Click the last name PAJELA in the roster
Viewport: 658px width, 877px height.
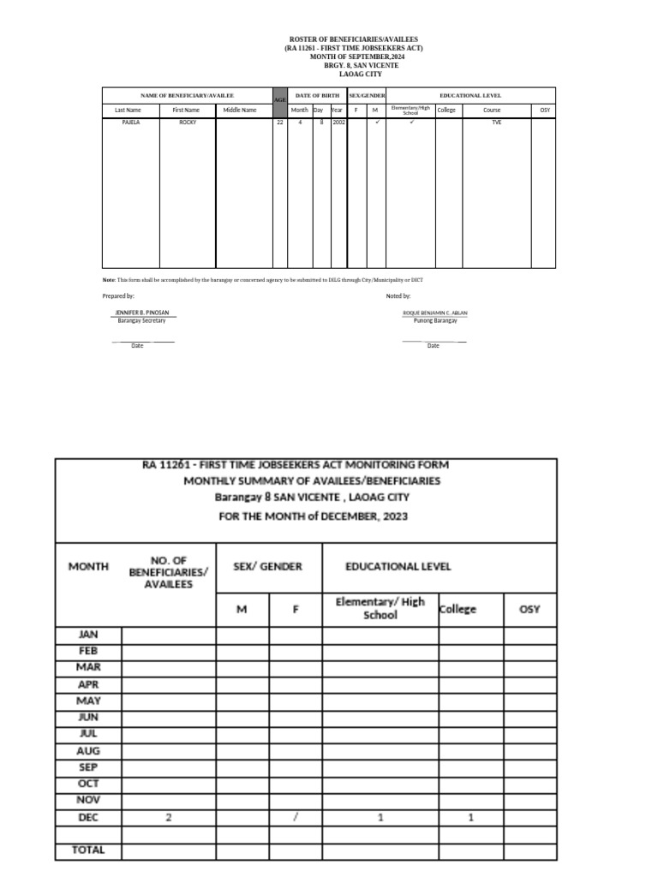tap(130, 122)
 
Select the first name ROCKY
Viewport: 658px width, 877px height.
tap(187, 122)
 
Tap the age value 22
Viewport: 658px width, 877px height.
tap(279, 122)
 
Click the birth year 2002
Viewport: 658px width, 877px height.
tap(338, 122)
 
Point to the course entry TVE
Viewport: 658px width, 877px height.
tap(497, 122)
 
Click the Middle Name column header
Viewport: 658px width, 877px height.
tap(240, 110)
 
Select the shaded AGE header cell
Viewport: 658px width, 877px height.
tap(279, 100)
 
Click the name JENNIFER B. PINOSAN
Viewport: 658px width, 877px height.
tap(141, 313)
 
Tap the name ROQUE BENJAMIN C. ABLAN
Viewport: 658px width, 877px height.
tap(435, 313)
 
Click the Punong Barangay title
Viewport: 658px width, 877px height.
tap(435, 320)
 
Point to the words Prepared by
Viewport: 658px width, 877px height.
tap(118, 295)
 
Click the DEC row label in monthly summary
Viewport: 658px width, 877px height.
tap(88, 817)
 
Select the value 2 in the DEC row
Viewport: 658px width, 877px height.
tap(169, 817)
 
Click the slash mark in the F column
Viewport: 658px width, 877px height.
tap(296, 817)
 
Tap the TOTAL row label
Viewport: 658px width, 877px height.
tap(88, 850)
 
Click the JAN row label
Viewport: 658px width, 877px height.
tap(88, 635)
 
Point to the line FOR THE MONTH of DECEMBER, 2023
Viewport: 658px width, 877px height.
tap(311, 516)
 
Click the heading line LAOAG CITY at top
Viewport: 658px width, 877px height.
tap(354, 74)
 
